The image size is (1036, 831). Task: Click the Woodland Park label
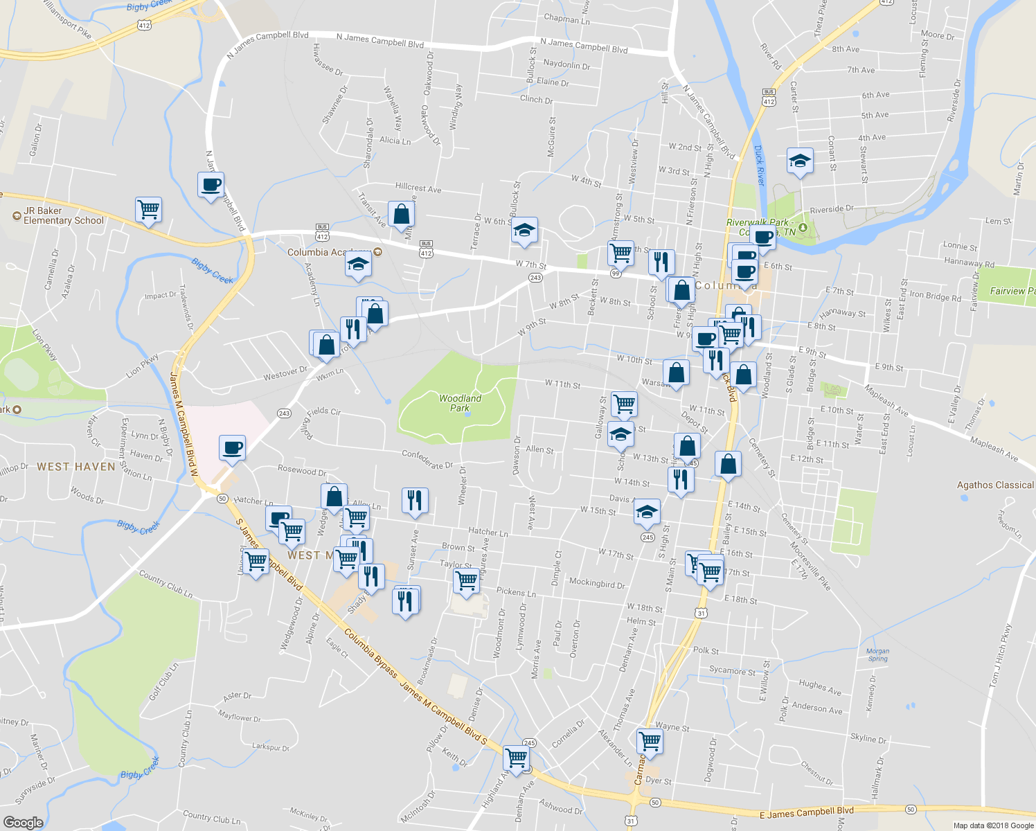pos(460,403)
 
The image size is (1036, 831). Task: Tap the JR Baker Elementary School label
pos(63,215)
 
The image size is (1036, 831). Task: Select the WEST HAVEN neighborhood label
pos(76,467)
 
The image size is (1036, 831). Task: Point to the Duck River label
pos(759,166)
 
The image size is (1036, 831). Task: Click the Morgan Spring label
pos(877,654)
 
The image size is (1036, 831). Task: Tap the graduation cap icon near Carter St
pos(800,161)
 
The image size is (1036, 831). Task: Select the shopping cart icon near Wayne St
pos(650,741)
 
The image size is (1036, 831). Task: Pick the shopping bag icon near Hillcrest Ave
pos(401,214)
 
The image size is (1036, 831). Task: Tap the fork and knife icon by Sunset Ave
pos(415,500)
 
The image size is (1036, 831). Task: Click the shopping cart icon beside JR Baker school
pos(148,209)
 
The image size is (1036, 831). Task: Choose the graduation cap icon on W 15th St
pos(647,512)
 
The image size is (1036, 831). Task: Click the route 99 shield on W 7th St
pos(616,274)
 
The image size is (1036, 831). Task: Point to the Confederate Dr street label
pos(427,459)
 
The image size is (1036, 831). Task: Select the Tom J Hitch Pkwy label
pos(1000,655)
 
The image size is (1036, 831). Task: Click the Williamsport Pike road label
pos(66,19)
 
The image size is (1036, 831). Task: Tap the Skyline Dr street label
pos(868,738)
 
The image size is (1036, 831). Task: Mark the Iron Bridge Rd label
pos(935,296)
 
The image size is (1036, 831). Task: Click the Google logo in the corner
pos(23,822)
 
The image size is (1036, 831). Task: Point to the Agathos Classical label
pos(995,485)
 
